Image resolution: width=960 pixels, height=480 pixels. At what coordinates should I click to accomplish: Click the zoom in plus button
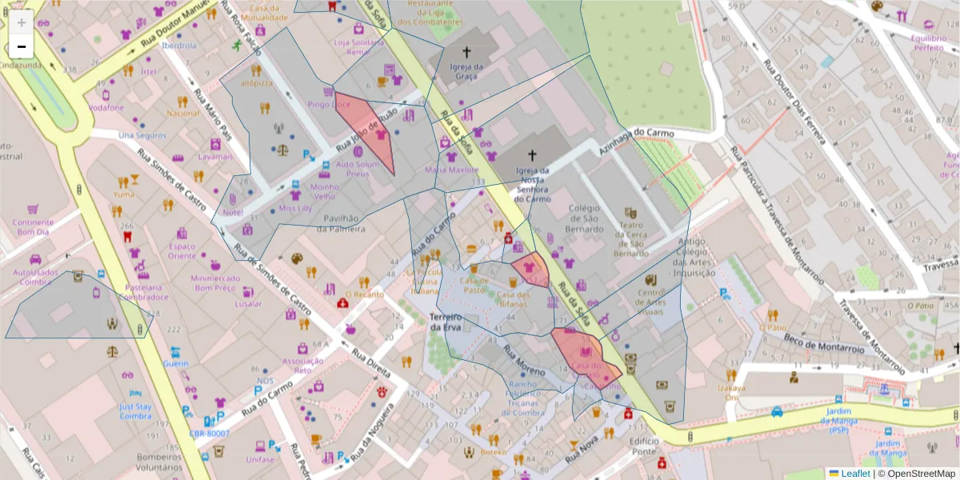coord(22,22)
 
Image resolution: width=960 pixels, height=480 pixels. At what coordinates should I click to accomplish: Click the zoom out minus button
coord(22,46)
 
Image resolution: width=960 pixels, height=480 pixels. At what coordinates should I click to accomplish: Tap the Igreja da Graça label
coord(465,72)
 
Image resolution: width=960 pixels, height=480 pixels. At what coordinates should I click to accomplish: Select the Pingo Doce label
coord(330,105)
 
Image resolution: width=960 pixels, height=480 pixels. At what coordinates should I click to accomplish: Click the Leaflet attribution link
coord(854,473)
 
